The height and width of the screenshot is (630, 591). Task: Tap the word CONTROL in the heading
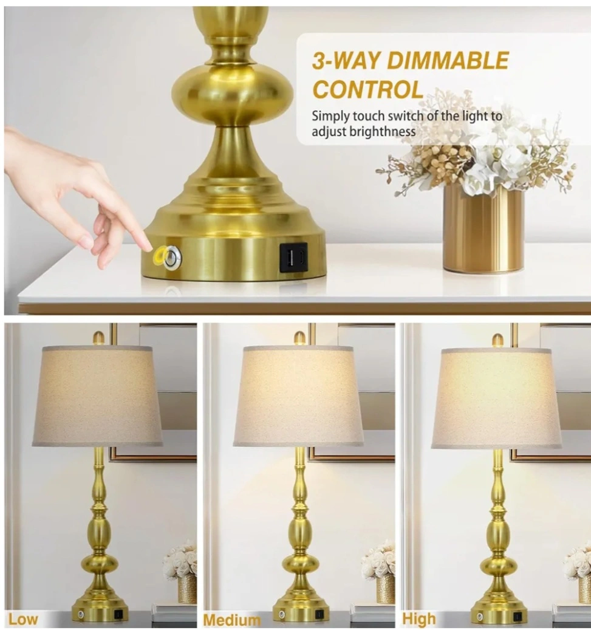[368, 89]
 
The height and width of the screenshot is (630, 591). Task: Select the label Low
[23, 618]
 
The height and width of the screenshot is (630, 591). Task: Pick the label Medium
[231, 620]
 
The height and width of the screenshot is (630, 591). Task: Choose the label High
[418, 618]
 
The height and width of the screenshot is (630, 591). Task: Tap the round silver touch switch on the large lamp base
[173, 256]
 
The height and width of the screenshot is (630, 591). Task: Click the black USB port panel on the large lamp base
[293, 256]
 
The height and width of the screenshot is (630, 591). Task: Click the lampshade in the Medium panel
[298, 395]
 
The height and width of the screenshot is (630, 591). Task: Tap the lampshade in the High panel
[497, 398]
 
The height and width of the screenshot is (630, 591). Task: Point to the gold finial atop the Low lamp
[98, 338]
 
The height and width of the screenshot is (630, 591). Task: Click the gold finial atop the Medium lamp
[299, 338]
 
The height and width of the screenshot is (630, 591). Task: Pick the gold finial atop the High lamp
[497, 340]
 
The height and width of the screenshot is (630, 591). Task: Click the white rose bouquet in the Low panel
[180, 560]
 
